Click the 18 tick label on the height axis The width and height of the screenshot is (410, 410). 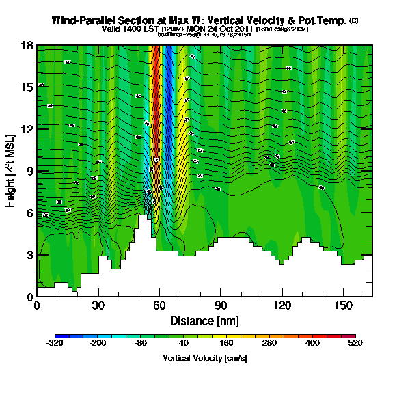coord(27,45)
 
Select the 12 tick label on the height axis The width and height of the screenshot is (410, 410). coord(27,129)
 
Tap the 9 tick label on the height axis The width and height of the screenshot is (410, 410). coord(29,171)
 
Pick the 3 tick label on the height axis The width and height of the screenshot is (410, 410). coord(29,255)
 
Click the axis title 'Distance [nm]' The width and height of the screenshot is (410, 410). coord(204,320)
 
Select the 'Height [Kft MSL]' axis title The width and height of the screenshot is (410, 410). coord(12,171)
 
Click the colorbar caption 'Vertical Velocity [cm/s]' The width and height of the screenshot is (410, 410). coord(204,358)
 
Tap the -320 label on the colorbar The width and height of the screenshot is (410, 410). coord(55,344)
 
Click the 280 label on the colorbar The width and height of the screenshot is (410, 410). coord(269,344)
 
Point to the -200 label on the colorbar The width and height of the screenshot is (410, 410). coord(98,344)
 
